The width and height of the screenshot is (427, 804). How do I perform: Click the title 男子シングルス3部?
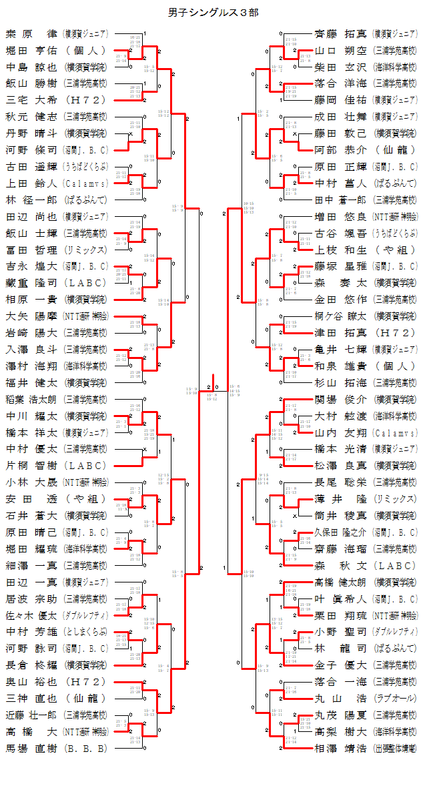(213, 12)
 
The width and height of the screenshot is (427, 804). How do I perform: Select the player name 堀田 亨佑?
(31, 50)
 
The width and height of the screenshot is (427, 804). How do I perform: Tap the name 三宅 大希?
(31, 100)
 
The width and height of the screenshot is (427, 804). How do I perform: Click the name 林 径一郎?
(31, 199)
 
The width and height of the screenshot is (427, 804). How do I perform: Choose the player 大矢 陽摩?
(31, 316)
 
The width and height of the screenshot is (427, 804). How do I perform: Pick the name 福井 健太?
(31, 382)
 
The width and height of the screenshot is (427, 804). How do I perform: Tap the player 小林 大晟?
(31, 482)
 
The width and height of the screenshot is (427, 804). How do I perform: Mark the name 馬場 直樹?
(31, 749)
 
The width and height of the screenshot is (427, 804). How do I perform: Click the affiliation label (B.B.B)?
(85, 749)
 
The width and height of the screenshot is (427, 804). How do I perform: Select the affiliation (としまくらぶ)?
(85, 632)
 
